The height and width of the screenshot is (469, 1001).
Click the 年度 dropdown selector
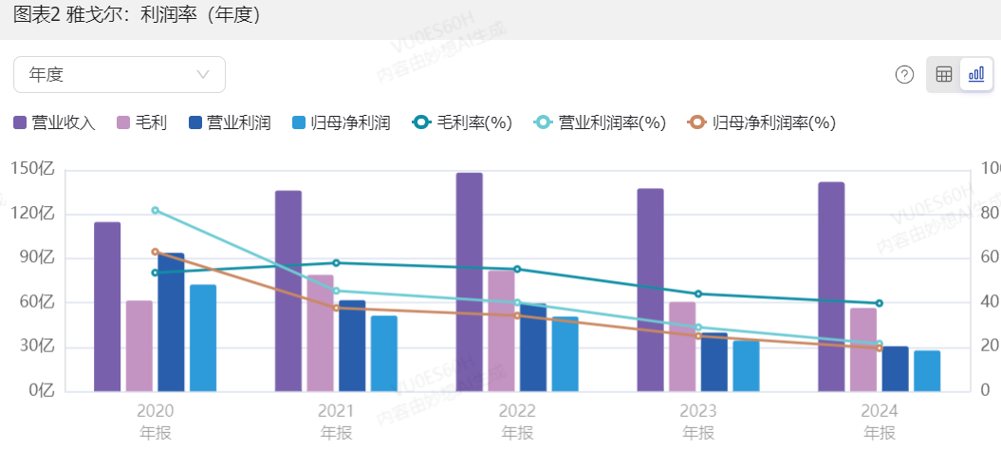click(120, 74)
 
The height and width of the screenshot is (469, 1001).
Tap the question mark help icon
click(904, 74)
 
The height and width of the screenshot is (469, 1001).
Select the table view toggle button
click(943, 74)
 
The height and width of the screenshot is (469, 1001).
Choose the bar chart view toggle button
click(975, 74)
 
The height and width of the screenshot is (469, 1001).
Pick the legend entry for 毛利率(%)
click(462, 122)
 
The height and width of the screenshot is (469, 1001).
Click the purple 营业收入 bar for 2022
click(469, 282)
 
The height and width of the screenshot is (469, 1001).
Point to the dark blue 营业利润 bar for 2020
click(171, 322)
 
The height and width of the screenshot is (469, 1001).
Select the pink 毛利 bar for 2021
click(320, 332)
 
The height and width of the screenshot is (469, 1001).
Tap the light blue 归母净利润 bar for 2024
click(927, 370)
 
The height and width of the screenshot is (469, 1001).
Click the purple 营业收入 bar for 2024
click(831, 286)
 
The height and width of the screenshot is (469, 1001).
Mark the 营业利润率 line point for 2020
click(156, 210)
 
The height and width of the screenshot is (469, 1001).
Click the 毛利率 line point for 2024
click(880, 303)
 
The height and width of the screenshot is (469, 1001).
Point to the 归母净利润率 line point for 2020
click(156, 252)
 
